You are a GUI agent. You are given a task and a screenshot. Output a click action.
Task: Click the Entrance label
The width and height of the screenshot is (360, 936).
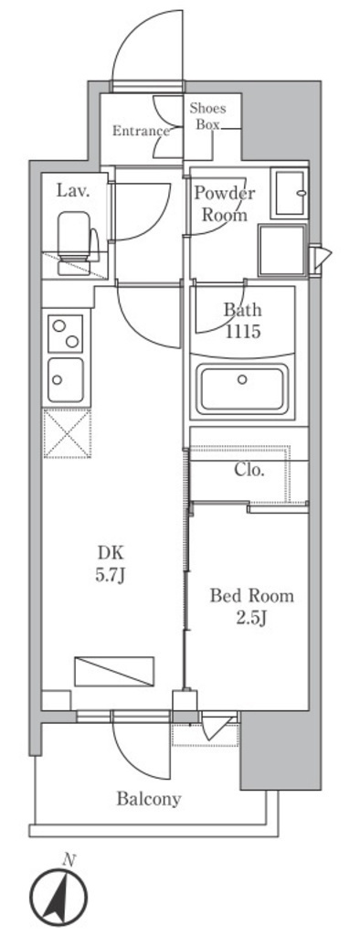point(141,132)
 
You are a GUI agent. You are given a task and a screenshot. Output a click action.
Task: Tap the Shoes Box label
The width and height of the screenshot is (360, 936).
point(207,116)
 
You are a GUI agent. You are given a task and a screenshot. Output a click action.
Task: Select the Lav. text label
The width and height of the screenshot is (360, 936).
point(73,191)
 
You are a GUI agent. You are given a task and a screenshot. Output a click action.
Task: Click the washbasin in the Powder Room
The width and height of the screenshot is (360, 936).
point(290,193)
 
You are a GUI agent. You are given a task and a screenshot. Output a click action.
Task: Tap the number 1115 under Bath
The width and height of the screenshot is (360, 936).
point(242,332)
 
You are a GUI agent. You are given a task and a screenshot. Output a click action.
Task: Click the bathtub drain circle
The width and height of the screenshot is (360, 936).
point(242,379)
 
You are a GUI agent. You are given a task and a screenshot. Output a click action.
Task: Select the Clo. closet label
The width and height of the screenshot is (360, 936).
point(249,470)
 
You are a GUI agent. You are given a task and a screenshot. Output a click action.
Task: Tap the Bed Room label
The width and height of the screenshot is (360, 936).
point(251,596)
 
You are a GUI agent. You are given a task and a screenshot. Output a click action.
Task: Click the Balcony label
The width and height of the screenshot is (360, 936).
point(149,799)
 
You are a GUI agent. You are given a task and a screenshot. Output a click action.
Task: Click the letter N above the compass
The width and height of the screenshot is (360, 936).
point(69,860)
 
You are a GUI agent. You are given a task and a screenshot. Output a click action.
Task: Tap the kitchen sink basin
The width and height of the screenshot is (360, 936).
point(66,379)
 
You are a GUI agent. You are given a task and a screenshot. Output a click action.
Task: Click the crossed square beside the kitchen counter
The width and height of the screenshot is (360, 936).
point(67,433)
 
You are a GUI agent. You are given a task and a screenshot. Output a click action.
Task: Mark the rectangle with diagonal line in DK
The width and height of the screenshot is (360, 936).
point(114,671)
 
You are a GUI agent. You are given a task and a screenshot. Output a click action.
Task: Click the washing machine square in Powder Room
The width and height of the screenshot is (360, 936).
point(281,250)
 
